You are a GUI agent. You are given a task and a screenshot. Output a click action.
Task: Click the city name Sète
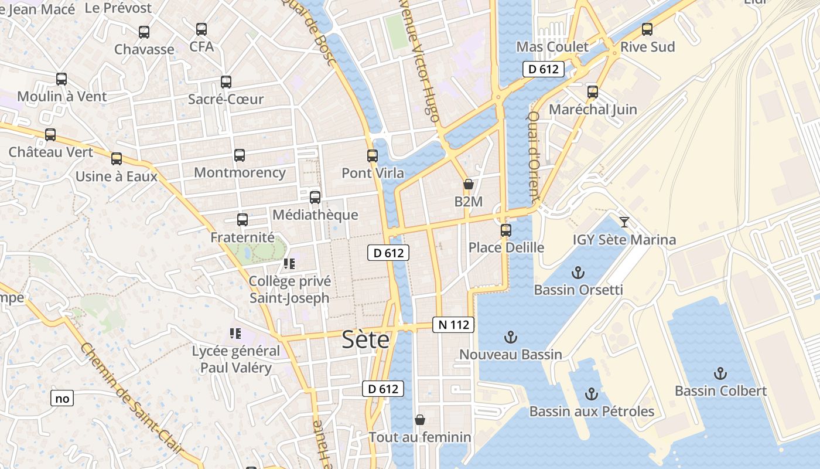pyautogui.click(x=365, y=339)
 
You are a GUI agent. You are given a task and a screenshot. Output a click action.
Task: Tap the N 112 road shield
pyautogui.click(x=453, y=325)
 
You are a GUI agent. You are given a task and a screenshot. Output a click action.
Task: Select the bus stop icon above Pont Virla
pyautogui.click(x=373, y=156)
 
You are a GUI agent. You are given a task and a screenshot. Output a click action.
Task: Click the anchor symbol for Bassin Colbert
pyautogui.click(x=720, y=373)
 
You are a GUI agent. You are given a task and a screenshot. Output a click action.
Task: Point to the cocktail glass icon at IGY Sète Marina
pyautogui.click(x=624, y=222)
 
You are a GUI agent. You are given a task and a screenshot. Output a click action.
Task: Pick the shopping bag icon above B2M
pyautogui.click(x=468, y=184)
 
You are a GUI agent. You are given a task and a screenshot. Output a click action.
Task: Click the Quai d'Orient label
pyautogui.click(x=534, y=155)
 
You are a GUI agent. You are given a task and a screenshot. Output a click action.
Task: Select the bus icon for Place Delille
pyautogui.click(x=506, y=230)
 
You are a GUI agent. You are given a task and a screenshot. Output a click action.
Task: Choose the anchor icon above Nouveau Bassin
pyautogui.click(x=511, y=337)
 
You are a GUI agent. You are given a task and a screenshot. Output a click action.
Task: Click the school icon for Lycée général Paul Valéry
pyautogui.click(x=235, y=334)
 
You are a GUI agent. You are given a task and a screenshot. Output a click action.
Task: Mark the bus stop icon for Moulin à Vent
pyautogui.click(x=61, y=79)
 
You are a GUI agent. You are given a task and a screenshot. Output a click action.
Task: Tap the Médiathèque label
pyautogui.click(x=315, y=215)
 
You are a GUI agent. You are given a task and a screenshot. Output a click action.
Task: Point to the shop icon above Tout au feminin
pyautogui.click(x=419, y=420)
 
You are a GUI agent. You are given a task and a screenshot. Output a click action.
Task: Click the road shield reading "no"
pyautogui.click(x=62, y=399)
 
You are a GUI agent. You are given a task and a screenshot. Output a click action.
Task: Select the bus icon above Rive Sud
pyautogui.click(x=647, y=29)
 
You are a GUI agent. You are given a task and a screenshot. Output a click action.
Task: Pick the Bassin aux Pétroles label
pyautogui.click(x=592, y=412)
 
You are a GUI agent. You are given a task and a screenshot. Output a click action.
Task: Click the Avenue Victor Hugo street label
pyautogui.click(x=426, y=61)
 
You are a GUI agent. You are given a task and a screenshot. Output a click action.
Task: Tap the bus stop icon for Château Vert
pyautogui.click(x=50, y=135)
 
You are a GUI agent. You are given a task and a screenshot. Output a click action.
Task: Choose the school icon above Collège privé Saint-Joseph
pyautogui.click(x=289, y=264)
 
